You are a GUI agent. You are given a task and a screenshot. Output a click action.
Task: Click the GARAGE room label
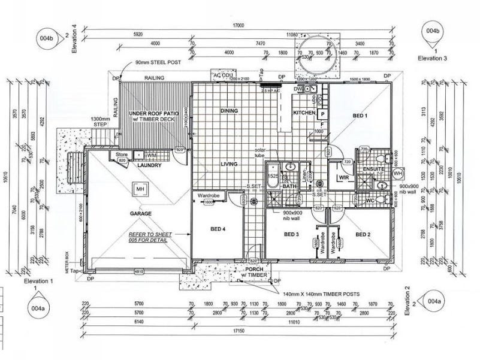pos(141,213)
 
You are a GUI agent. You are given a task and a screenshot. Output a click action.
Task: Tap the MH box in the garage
pos(141,190)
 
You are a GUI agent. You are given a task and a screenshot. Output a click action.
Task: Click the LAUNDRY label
pos(149,165)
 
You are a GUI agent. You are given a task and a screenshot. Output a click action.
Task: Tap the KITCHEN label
pos(304,113)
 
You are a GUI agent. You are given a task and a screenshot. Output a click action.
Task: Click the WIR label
pos(344,178)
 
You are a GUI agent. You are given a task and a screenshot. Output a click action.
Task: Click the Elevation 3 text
pos(433,58)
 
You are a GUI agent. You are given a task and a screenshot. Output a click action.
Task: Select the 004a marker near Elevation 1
pos(37,308)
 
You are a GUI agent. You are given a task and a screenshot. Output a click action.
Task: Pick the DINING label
pos(229,111)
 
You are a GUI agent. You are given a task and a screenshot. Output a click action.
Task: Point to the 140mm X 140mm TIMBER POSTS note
pos(322,295)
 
